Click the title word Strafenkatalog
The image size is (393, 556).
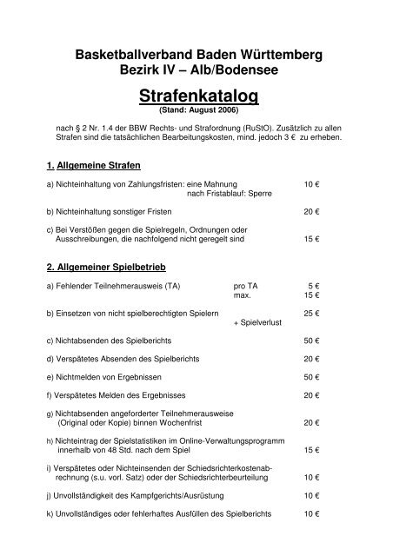pyautogui.click(x=196, y=93)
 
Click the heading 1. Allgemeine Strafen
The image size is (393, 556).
pyautogui.click(x=95, y=164)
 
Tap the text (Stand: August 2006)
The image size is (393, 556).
pyautogui.click(x=196, y=110)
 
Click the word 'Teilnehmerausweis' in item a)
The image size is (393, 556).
pyautogui.click(x=130, y=286)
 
